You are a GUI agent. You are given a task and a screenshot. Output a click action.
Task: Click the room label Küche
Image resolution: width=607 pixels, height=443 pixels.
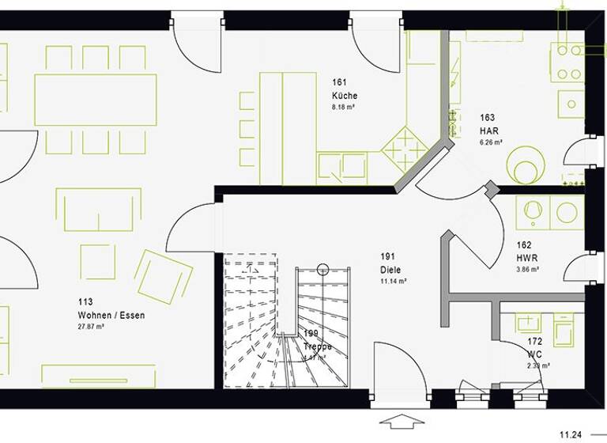(x=345, y=96)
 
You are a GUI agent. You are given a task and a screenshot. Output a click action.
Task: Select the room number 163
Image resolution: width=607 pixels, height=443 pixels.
(x=487, y=118)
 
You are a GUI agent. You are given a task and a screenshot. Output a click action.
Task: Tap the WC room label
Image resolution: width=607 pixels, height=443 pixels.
(x=534, y=354)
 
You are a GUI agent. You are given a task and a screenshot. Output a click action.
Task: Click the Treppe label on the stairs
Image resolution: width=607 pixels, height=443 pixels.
(x=318, y=346)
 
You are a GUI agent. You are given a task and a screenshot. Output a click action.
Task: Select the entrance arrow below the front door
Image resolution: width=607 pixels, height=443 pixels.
(x=402, y=420)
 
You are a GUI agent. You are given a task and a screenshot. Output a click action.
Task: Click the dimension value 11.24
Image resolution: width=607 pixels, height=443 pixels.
(x=571, y=434)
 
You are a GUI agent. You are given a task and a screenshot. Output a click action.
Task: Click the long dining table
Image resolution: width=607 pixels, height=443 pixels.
(x=95, y=100)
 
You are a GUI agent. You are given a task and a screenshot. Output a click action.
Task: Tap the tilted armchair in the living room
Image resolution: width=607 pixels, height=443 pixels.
(x=163, y=276)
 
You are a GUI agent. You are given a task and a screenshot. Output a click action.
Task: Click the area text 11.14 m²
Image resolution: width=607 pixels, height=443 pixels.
(x=394, y=281)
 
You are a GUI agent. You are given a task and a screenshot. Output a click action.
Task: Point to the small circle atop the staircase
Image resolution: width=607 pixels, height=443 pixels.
(x=322, y=270)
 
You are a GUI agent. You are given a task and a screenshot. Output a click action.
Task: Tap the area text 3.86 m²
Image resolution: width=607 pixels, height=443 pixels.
(x=528, y=270)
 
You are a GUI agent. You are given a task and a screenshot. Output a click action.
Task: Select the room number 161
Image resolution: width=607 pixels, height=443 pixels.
(x=340, y=83)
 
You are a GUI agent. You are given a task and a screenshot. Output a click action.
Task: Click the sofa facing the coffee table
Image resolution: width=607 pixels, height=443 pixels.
(x=98, y=209)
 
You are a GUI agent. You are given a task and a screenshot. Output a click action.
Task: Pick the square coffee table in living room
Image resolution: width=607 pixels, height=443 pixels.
(x=97, y=261)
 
